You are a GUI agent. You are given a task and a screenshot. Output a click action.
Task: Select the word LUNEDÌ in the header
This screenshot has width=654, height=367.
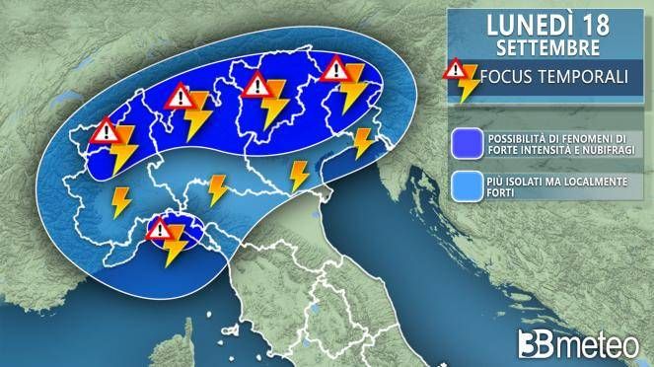[522, 23]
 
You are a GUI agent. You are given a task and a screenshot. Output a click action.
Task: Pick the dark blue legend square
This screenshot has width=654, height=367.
[464, 144]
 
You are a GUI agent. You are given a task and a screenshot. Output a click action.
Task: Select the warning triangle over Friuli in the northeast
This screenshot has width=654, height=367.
[335, 69]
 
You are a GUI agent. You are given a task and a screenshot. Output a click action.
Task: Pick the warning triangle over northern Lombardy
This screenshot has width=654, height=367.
[180, 97]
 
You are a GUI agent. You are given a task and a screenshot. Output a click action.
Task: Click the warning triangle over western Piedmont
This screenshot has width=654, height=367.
[106, 131]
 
